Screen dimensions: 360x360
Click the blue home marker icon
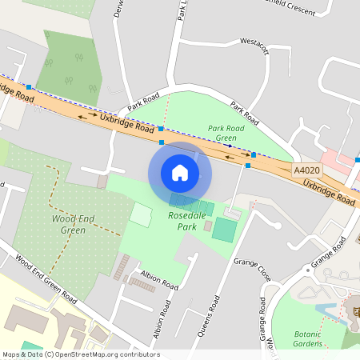[x=180, y=172]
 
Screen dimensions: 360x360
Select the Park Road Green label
[x=226, y=132]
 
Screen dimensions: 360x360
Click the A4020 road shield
[x=306, y=170]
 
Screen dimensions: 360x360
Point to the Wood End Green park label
[x=68, y=224]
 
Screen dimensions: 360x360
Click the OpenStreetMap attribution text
[x=80, y=354]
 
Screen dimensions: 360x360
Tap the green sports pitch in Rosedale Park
[x=225, y=231]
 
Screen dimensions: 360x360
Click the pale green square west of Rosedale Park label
[x=141, y=214]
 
